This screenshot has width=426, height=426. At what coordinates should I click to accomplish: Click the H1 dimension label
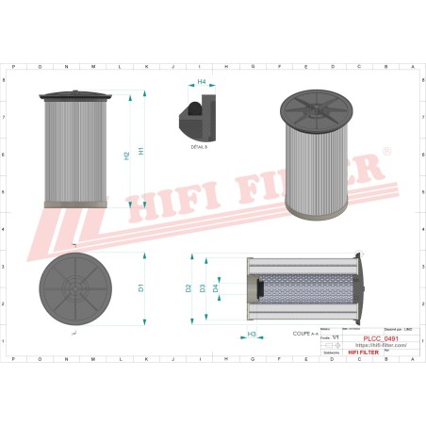141,150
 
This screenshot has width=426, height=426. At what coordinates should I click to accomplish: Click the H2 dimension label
126,155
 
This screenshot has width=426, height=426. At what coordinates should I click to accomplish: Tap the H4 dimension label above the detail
201,82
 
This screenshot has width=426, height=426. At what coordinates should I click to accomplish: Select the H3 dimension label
252,335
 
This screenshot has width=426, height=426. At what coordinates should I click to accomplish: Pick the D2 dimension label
188,287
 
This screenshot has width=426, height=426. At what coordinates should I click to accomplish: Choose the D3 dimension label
202,287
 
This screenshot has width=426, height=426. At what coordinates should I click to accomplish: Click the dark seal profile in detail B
191,116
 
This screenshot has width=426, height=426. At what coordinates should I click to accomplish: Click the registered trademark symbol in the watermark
385,150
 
